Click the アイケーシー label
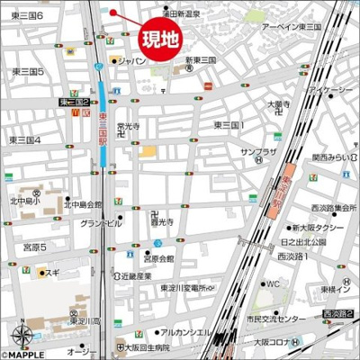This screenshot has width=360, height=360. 319,93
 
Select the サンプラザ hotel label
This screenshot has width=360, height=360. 257,153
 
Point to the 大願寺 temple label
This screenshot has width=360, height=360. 274,104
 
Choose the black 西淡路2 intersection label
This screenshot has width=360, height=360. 337,313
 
